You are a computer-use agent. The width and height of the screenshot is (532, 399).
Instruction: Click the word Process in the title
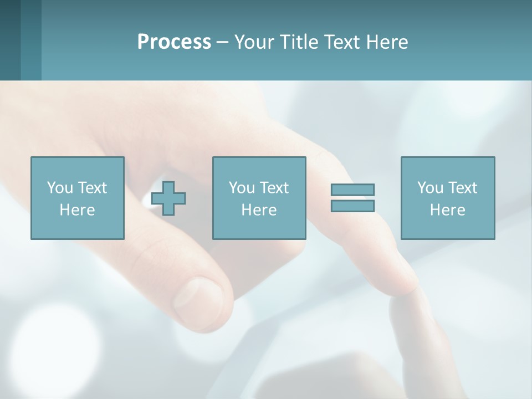(174, 42)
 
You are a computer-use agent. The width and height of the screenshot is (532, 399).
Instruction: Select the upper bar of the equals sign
(352, 190)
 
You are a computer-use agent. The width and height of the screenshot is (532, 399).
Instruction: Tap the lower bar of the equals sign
(352, 206)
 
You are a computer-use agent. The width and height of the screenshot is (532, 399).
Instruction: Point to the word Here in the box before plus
(78, 210)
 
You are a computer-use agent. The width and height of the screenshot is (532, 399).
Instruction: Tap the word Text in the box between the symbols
(275, 188)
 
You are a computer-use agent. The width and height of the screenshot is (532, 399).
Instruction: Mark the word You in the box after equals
(430, 188)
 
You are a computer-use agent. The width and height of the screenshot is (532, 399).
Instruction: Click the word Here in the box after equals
(448, 210)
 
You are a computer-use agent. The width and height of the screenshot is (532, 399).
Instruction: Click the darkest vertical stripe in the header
(10, 40)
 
